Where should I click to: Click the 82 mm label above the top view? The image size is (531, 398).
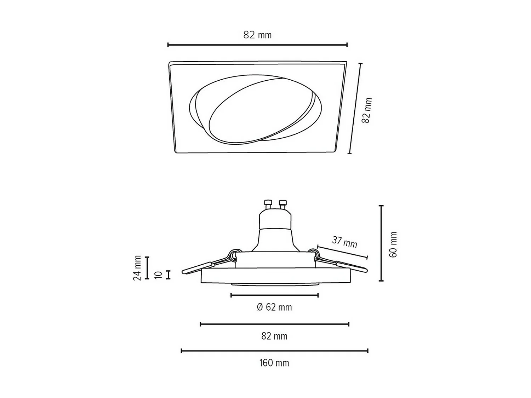click(x=257, y=35)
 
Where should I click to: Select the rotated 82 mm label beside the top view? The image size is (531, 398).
click(x=367, y=110)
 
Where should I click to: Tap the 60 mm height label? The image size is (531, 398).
click(x=393, y=244)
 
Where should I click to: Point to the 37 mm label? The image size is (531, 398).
click(x=344, y=242)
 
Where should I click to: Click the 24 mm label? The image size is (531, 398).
click(x=137, y=268)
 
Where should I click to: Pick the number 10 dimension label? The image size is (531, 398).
click(x=159, y=275)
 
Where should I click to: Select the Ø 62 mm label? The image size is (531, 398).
click(x=274, y=307)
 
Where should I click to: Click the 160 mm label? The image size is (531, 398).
click(x=274, y=363)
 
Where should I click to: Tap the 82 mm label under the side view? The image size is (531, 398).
click(x=274, y=336)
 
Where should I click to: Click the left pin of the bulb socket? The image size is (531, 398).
click(x=268, y=204)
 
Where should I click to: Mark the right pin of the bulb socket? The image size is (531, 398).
click(x=282, y=204)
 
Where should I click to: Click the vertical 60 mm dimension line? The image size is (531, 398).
click(x=381, y=243)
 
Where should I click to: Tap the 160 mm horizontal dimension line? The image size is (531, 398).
click(x=274, y=351)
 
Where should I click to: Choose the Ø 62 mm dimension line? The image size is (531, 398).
click(x=274, y=295)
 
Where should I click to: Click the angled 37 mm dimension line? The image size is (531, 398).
click(x=342, y=252)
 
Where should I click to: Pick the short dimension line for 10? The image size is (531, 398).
click(x=169, y=275)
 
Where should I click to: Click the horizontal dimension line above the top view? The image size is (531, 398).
click(x=257, y=45)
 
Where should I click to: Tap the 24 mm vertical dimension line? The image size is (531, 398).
click(x=147, y=268)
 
